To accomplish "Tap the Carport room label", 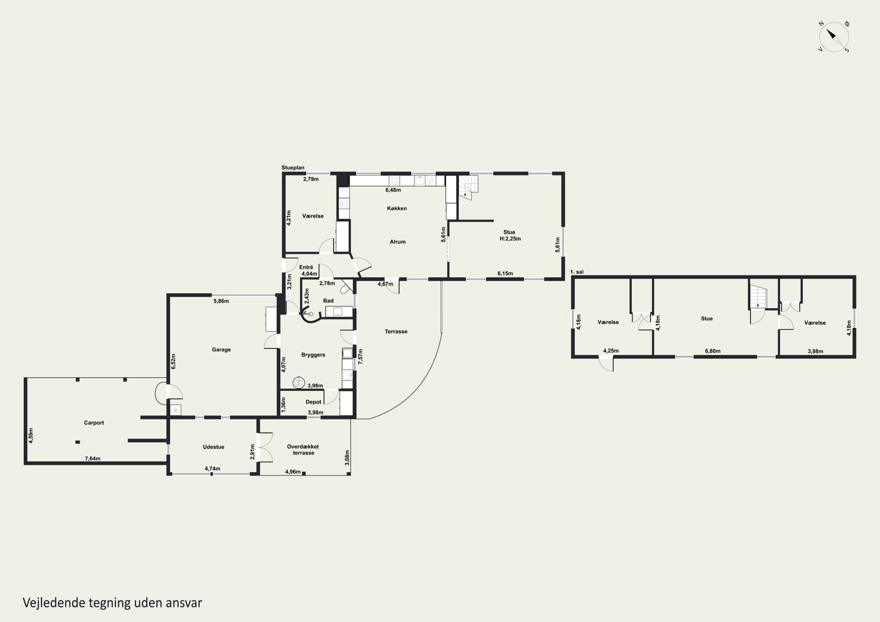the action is (94, 423).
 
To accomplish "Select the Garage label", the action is (221, 350).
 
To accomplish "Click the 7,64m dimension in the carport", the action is (92, 458).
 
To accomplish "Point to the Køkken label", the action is (397, 209).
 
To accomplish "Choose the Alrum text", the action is (397, 242).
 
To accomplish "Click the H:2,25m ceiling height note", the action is (510, 238).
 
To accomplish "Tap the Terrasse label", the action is (396, 331).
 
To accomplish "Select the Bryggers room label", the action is (313, 355).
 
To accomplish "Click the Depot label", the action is (314, 402).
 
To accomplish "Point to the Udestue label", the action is (214, 447).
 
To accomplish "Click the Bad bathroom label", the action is (328, 301).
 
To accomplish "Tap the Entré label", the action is (306, 267).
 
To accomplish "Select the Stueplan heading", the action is (293, 167).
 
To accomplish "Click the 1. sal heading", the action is (577, 272).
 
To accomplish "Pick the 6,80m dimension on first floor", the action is (713, 351).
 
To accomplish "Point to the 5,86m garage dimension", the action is (221, 301).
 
